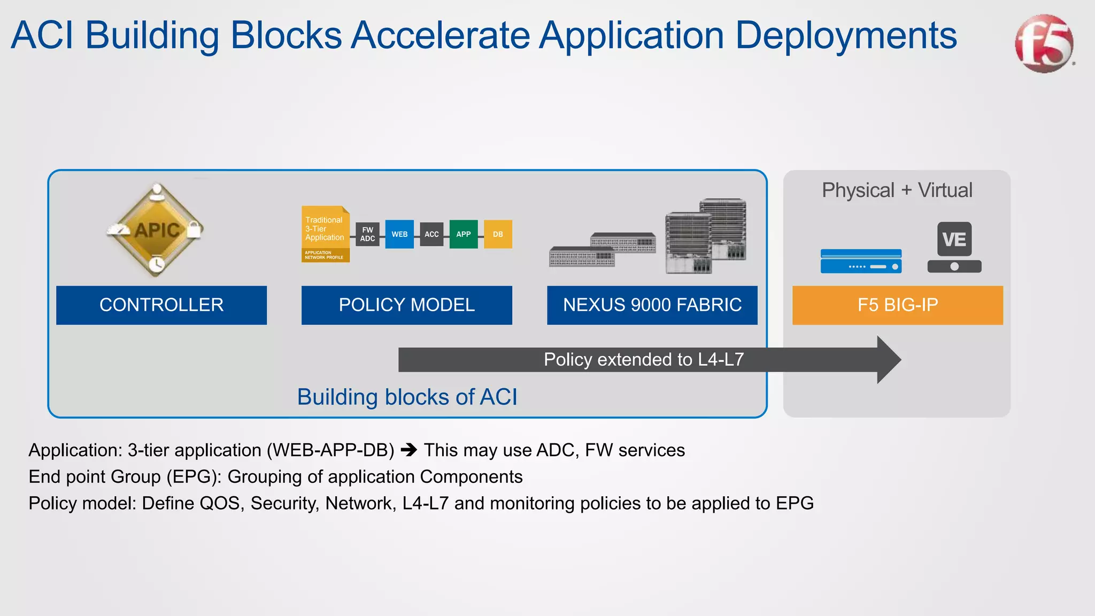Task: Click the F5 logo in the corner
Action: (x=1044, y=44)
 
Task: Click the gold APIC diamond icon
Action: (x=156, y=230)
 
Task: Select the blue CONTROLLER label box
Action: (x=161, y=305)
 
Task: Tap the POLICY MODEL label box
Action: (x=406, y=305)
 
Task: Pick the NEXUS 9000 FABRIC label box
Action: (x=652, y=305)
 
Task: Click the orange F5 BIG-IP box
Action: (x=897, y=305)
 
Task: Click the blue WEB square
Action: (x=399, y=234)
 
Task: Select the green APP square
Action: (x=463, y=234)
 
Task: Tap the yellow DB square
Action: (x=498, y=234)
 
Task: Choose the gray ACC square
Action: (x=431, y=234)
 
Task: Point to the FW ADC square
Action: (x=367, y=234)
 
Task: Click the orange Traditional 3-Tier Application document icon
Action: (x=325, y=234)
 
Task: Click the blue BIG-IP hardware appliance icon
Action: (x=861, y=261)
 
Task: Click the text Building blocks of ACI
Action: (x=407, y=397)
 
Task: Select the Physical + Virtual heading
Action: (x=897, y=190)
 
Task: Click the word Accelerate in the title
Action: (x=439, y=35)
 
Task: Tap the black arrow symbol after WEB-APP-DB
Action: (x=409, y=450)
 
